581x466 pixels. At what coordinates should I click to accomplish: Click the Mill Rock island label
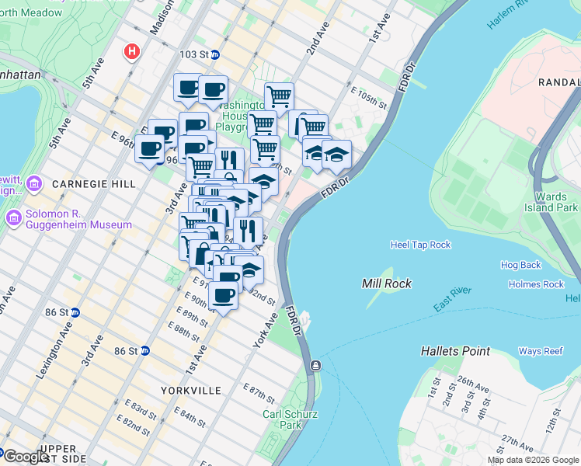pos(383,283)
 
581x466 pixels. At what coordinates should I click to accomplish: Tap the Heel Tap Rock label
pos(420,245)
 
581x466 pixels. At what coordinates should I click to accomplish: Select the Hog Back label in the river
pos(520,265)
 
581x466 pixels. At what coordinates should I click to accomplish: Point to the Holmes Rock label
pos(536,284)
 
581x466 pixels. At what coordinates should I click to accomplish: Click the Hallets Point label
pos(455,351)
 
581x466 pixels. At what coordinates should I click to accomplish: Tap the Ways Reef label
pos(541,351)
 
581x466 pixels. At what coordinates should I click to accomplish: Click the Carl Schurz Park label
pos(290,419)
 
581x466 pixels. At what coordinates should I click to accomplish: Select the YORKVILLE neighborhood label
pos(191,390)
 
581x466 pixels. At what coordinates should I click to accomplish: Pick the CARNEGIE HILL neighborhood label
pos(84,184)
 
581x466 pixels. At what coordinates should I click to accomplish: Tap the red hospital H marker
pos(133,52)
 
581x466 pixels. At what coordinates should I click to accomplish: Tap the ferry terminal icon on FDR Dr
pos(315,365)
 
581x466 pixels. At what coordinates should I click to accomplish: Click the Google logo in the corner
pos(25,457)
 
